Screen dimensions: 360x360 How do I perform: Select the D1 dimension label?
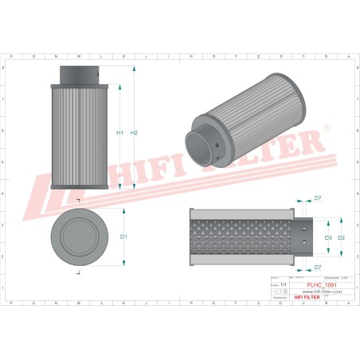click(123, 237)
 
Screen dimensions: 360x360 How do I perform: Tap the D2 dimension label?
click(341, 237)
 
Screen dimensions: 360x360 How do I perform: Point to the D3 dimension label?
click(327, 237)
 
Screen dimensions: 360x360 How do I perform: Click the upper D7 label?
click(317, 197)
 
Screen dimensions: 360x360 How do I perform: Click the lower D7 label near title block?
click(317, 268)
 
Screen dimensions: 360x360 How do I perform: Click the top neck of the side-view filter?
click(78, 73)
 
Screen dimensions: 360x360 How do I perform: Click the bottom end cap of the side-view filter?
click(78, 187)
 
